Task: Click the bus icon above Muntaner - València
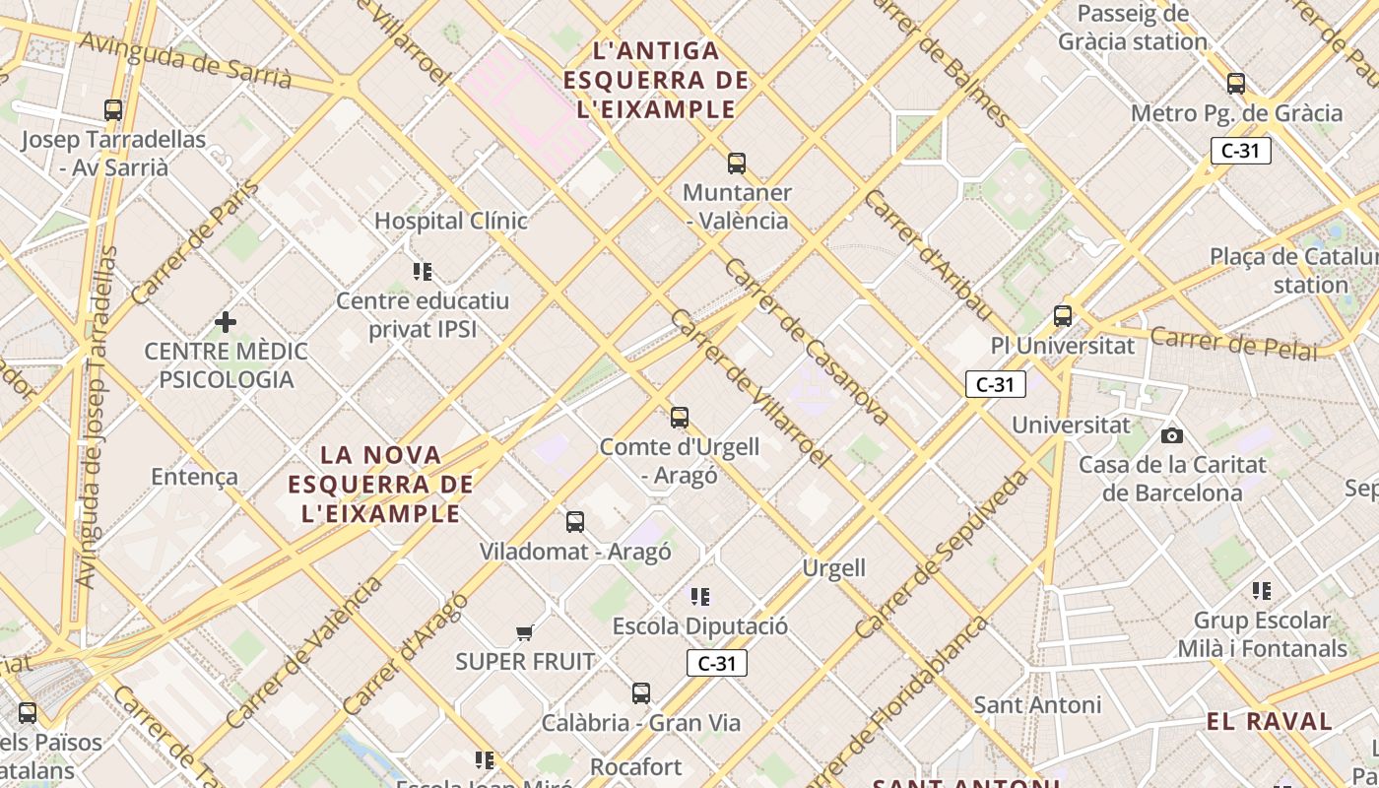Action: (x=736, y=164)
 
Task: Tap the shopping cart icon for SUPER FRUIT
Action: (x=525, y=632)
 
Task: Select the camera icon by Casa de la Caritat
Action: (x=1171, y=435)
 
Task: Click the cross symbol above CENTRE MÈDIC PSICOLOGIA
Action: (x=226, y=321)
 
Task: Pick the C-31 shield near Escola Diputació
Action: (x=717, y=663)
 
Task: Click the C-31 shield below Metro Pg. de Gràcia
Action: (x=1240, y=151)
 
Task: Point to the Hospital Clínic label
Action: (x=451, y=221)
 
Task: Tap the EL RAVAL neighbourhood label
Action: (x=1270, y=721)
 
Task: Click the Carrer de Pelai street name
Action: (x=1233, y=343)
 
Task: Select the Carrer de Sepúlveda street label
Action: (x=943, y=554)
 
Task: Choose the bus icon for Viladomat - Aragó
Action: (x=575, y=522)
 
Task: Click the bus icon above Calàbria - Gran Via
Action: (x=641, y=693)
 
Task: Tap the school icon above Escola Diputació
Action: (x=700, y=596)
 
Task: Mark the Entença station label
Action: (x=194, y=477)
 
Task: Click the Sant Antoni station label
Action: (x=1037, y=705)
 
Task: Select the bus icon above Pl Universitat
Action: (x=1062, y=316)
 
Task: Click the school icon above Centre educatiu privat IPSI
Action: (x=423, y=271)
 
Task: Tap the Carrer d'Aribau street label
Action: (x=927, y=254)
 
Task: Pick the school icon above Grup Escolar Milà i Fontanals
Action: (x=1262, y=591)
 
